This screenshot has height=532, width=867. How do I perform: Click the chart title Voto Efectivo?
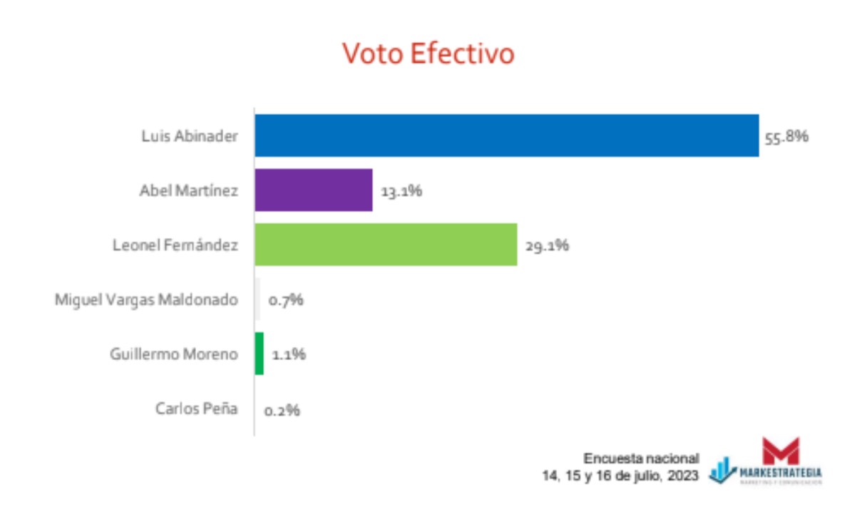[428, 54]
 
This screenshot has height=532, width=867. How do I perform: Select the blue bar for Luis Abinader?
[506, 135]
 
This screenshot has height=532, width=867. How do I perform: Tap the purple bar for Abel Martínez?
[314, 190]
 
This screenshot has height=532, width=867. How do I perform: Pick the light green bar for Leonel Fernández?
[386, 245]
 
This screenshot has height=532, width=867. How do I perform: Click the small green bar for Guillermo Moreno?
[260, 354]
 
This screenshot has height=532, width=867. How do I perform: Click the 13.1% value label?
[401, 191]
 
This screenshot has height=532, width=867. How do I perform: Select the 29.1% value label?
[547, 246]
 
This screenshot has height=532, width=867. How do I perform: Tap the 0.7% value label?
[286, 300]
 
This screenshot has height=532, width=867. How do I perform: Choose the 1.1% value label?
[289, 354]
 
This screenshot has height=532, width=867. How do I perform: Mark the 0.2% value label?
[282, 410]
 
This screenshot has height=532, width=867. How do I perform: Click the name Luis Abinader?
[190, 135]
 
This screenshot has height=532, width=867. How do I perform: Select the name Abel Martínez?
[188, 190]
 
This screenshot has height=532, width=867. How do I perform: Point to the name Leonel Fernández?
[175, 245]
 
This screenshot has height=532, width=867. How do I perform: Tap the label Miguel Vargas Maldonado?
[146, 300]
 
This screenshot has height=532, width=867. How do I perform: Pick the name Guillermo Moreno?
[174, 354]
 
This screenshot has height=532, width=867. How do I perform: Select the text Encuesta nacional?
[642, 459]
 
